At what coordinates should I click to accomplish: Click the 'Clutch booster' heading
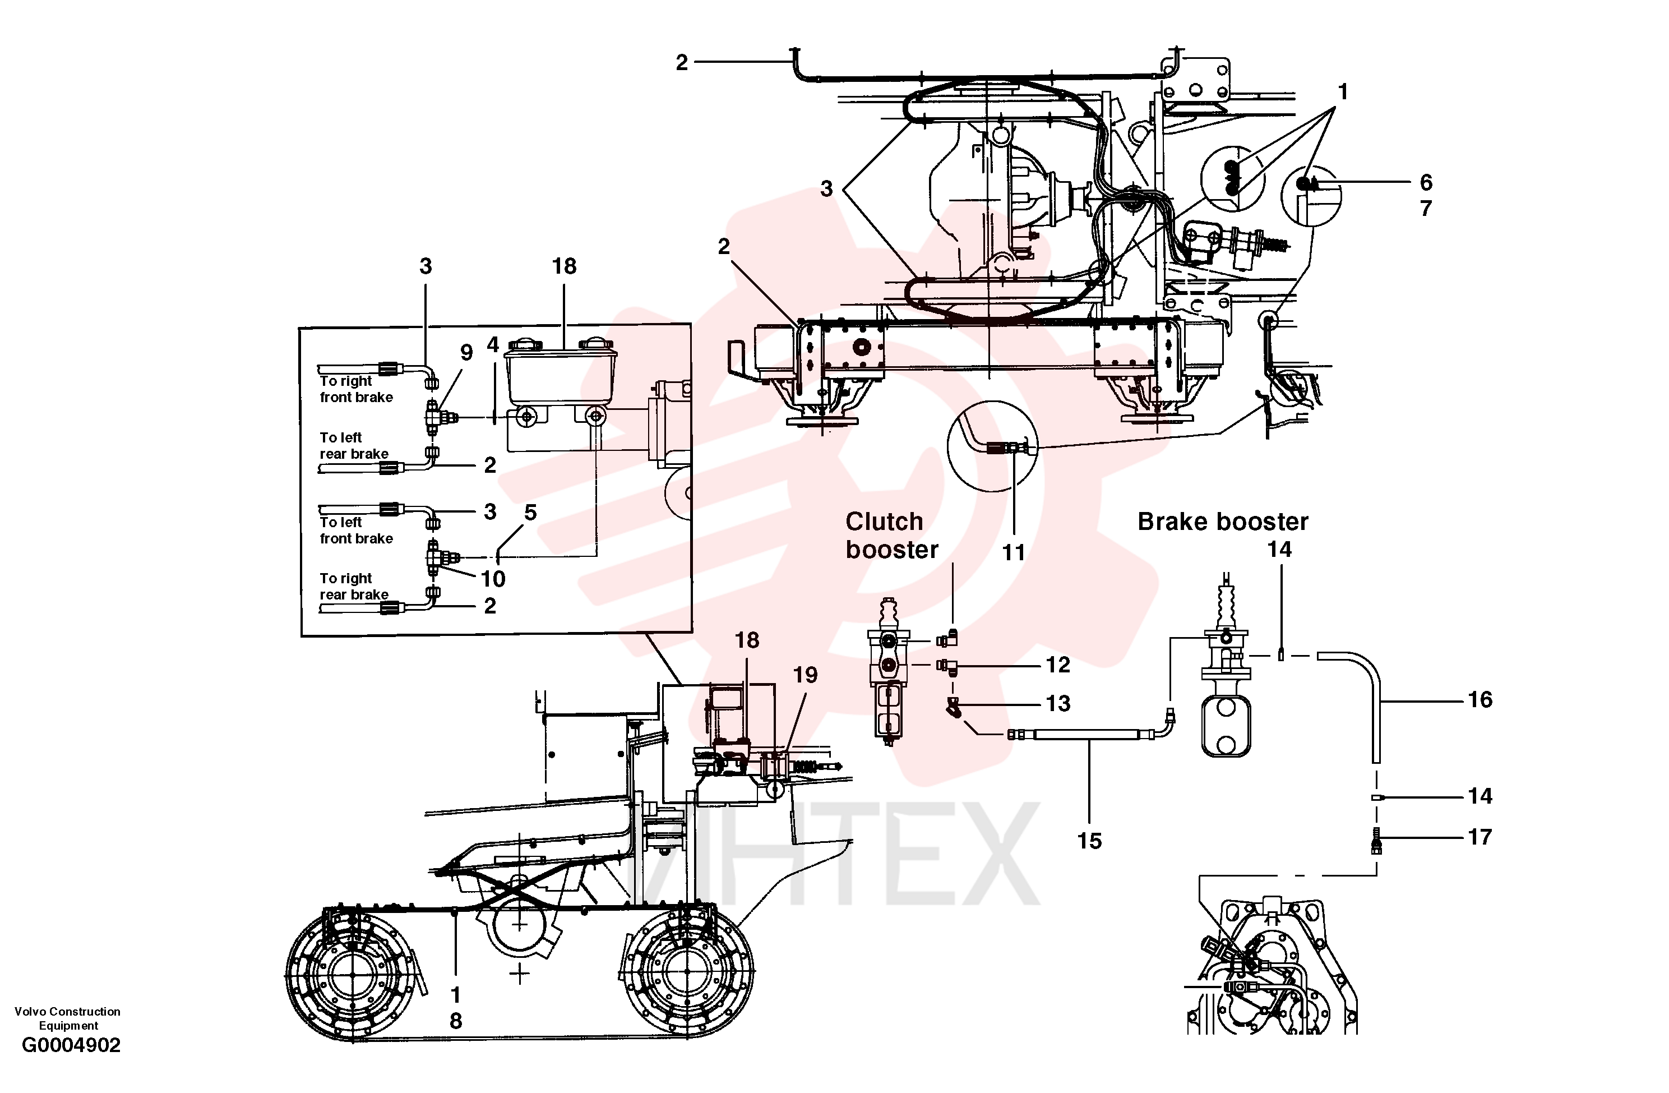coord(891,535)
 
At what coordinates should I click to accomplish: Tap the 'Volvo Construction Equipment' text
coord(67,1018)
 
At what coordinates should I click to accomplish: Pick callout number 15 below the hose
coord(1089,841)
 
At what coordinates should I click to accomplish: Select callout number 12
coord(1058,665)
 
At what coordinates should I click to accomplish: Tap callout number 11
coord(1013,553)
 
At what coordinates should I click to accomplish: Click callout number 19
coord(805,675)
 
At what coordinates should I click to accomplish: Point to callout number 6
coord(1426,182)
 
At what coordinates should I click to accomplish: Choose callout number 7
coord(1426,209)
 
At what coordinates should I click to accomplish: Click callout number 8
coord(456,1021)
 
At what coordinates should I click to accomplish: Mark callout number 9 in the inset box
coord(466,352)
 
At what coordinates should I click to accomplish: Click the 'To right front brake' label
coord(356,389)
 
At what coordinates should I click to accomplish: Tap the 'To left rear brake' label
coord(354,445)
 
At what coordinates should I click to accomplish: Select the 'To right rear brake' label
coord(354,587)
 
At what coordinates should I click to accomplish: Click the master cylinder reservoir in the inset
coord(561,372)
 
